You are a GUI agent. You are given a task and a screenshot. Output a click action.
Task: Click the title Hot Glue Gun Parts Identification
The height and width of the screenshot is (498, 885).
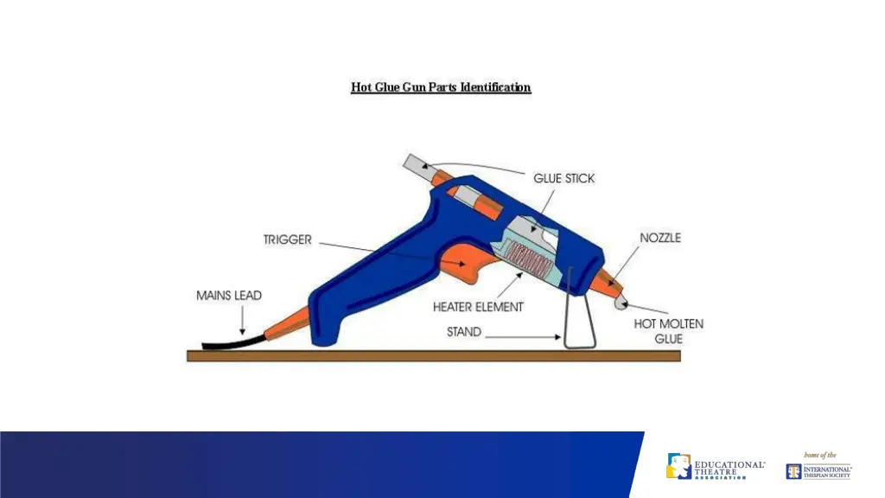(x=441, y=87)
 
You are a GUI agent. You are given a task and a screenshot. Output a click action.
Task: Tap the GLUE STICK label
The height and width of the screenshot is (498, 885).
(x=563, y=178)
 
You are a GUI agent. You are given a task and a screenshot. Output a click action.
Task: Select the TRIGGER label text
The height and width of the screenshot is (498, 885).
(x=287, y=239)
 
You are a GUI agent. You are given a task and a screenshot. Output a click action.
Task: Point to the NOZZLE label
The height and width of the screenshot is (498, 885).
(x=659, y=238)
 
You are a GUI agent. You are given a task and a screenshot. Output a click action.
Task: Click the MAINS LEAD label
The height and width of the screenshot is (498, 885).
(x=229, y=296)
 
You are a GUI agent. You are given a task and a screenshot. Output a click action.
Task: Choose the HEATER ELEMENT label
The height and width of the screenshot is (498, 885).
(x=478, y=306)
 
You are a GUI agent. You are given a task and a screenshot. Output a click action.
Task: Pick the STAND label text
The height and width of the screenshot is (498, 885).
(x=464, y=331)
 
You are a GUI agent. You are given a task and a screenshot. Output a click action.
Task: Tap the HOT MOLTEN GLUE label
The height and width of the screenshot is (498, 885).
(x=668, y=331)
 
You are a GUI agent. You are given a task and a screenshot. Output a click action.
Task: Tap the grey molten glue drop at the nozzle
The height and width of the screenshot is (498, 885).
(x=620, y=300)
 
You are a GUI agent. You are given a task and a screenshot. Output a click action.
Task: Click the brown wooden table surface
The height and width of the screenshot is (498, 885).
(x=432, y=355)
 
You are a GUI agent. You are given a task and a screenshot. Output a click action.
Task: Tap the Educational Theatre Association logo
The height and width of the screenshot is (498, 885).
(x=715, y=468)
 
